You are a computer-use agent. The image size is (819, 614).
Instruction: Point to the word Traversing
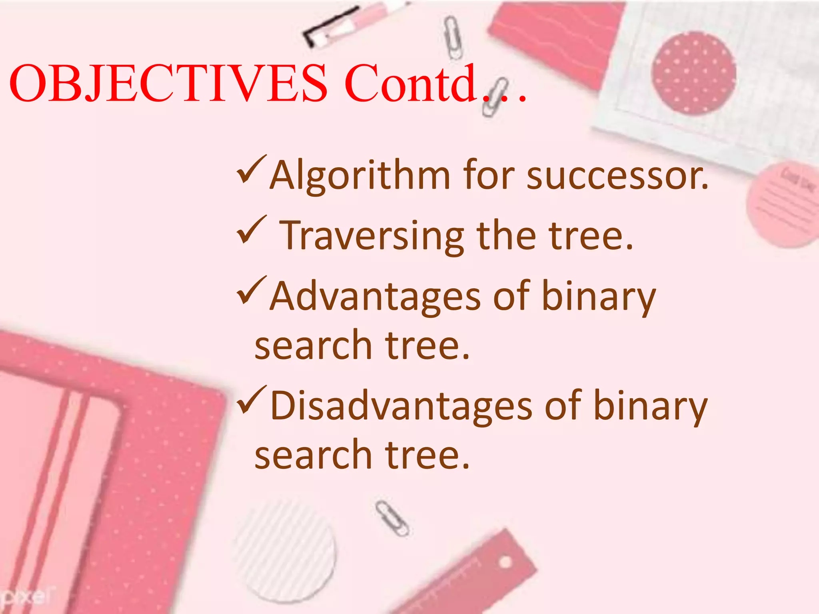(x=372, y=237)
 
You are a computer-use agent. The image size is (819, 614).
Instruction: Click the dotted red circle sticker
(x=694, y=74)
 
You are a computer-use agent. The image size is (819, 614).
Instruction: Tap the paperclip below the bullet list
(x=392, y=518)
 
